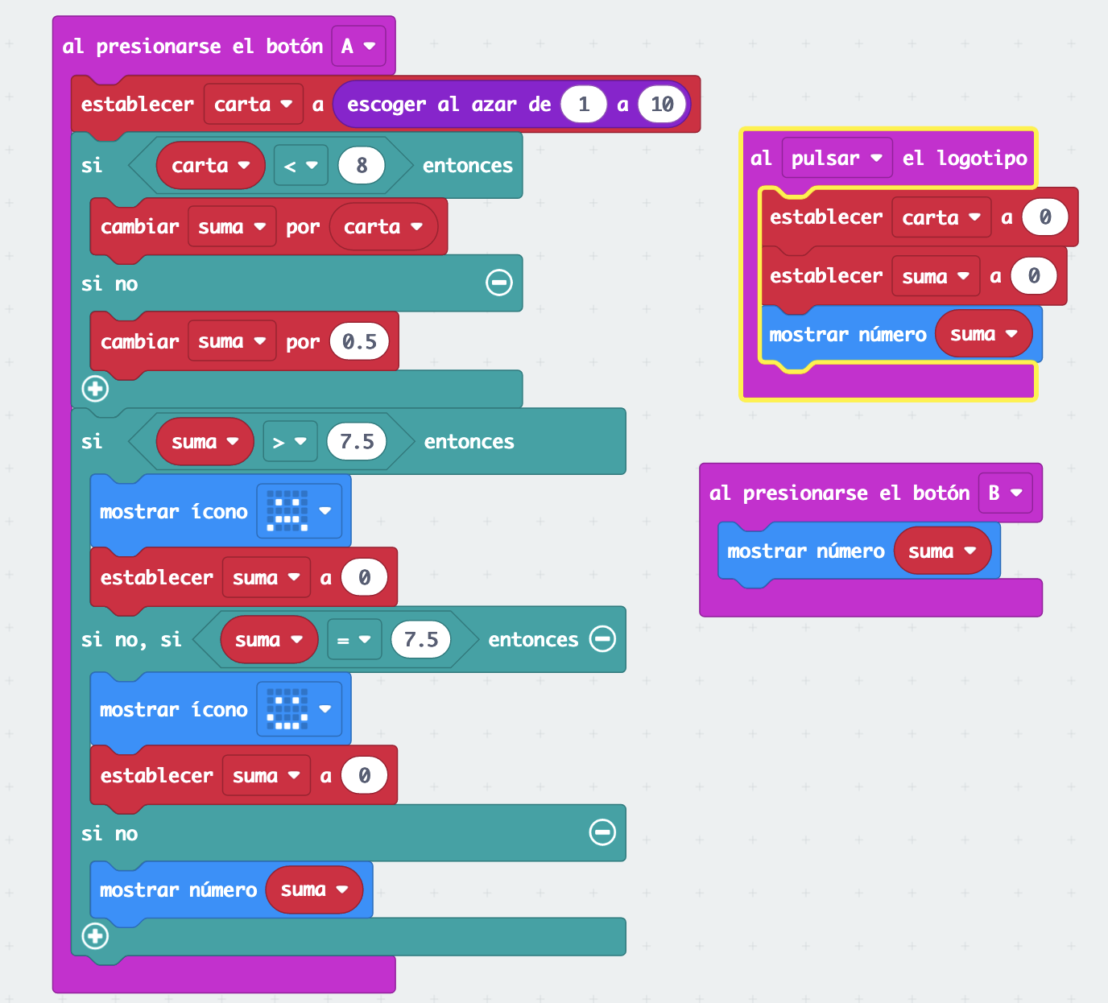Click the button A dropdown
[x=358, y=46]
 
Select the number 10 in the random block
[x=662, y=105]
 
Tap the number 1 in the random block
[x=584, y=105]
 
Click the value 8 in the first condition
[x=362, y=166]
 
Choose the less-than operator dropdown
[x=300, y=166]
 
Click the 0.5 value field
[x=359, y=342]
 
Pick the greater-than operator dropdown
[x=289, y=442]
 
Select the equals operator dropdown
[x=353, y=640]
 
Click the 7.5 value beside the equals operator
[x=421, y=640]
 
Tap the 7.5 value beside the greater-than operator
[x=357, y=442]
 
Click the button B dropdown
[x=1005, y=493]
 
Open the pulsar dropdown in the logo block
[x=837, y=159]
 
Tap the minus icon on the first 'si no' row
[x=499, y=283]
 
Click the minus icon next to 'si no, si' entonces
[x=602, y=639]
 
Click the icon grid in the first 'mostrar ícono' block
[x=288, y=511]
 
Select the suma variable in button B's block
[x=941, y=551]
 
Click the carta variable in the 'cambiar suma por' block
[x=382, y=227]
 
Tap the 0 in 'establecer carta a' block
[x=1044, y=217]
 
